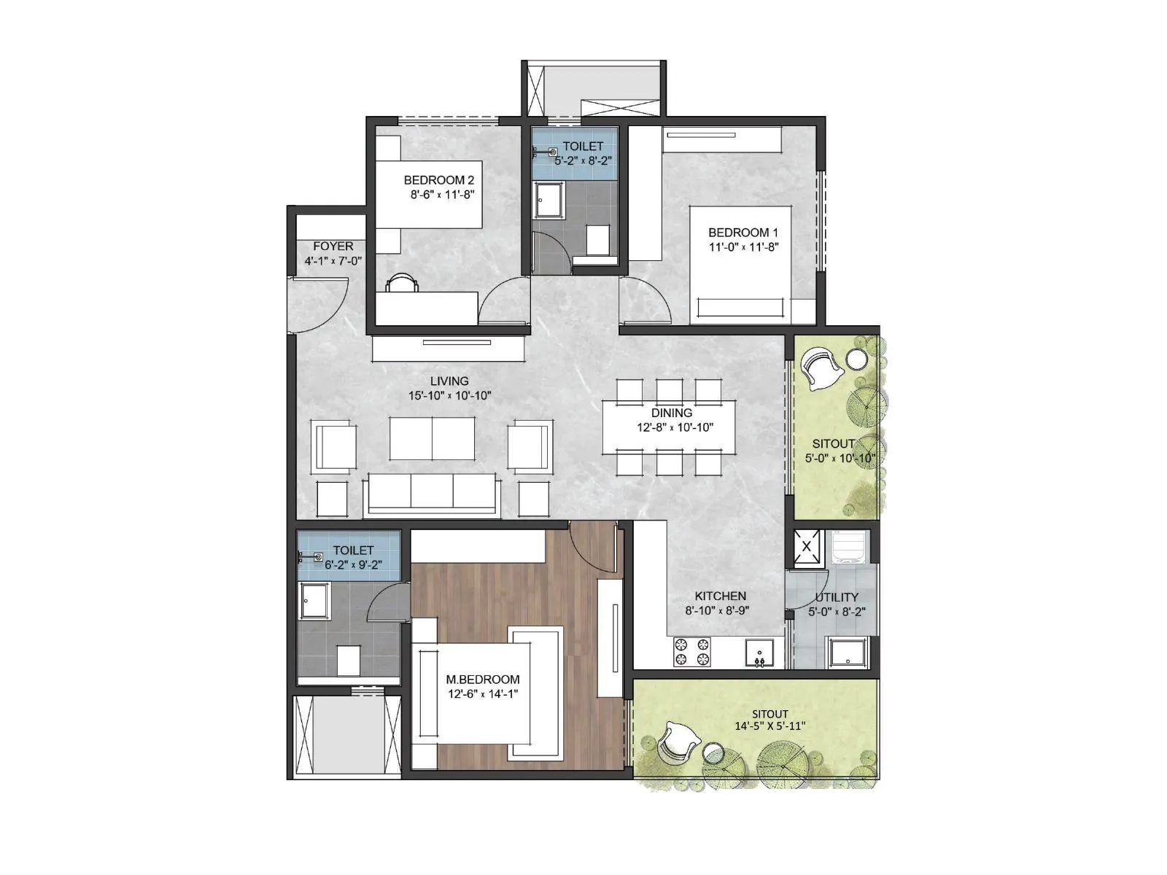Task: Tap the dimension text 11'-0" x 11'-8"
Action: pyautogui.click(x=743, y=247)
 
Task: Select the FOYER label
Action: pyautogui.click(x=333, y=246)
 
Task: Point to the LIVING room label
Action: pyautogui.click(x=449, y=381)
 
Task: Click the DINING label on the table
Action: pyautogui.click(x=672, y=413)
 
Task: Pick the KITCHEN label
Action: pyautogui.click(x=720, y=596)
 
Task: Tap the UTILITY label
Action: pyautogui.click(x=837, y=597)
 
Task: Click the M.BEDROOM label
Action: pyautogui.click(x=483, y=680)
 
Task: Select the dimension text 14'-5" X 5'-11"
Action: pyautogui.click(x=770, y=726)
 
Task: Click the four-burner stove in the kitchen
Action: pyautogui.click(x=691, y=652)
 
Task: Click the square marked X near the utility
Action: pyautogui.click(x=807, y=547)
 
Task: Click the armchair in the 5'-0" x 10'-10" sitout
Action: pyautogui.click(x=821, y=368)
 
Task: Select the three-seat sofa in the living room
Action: pyautogui.click(x=433, y=496)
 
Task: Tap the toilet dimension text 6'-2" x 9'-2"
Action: pyautogui.click(x=354, y=565)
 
